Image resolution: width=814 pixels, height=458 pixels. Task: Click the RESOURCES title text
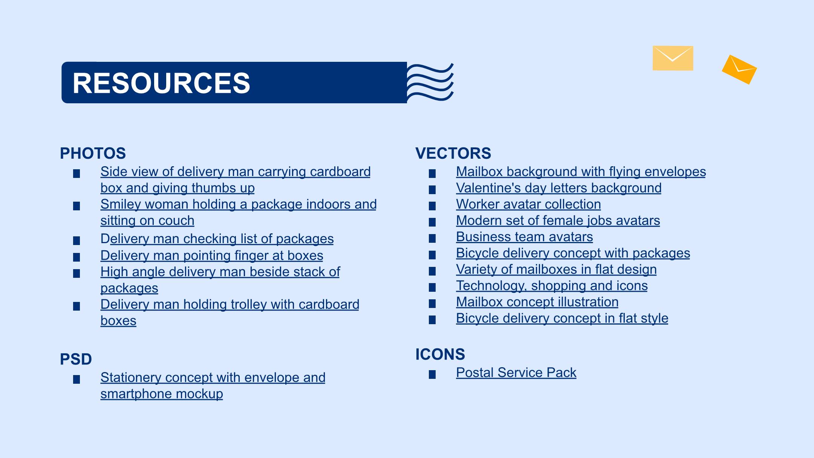(x=161, y=83)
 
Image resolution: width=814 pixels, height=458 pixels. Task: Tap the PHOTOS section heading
(x=93, y=153)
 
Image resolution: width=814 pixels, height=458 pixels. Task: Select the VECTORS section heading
(x=453, y=153)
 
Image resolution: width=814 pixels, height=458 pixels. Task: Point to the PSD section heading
(x=76, y=359)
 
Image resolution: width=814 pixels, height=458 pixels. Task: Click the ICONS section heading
(x=440, y=354)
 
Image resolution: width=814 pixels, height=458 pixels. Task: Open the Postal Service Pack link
(x=516, y=372)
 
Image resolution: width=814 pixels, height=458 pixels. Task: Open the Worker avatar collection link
(x=528, y=204)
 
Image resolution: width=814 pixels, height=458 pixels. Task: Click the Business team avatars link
(x=524, y=237)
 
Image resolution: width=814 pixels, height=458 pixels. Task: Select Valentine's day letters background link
(x=558, y=188)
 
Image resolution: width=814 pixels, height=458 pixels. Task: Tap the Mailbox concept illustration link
(x=537, y=302)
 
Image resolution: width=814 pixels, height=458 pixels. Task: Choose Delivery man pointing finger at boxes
(x=212, y=256)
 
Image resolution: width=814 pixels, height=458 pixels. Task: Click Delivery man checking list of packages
(x=217, y=239)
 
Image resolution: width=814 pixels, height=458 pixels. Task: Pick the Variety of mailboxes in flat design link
(x=556, y=270)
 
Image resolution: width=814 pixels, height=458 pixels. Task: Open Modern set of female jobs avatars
(x=558, y=221)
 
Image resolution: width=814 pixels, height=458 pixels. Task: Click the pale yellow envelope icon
(x=673, y=58)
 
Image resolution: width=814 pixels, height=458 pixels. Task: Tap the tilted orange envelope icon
(x=739, y=70)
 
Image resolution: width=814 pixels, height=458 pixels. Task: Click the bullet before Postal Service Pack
(x=432, y=374)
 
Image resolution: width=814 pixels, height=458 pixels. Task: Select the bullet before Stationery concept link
(x=77, y=379)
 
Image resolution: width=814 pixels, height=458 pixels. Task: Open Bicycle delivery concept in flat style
(x=562, y=318)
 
